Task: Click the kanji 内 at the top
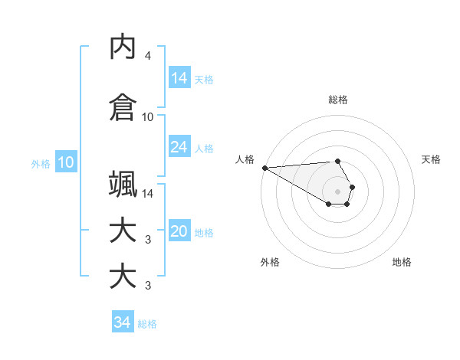[123, 47]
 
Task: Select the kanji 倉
[123, 107]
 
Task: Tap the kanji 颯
[123, 184]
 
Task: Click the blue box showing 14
[179, 78]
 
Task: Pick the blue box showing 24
[179, 147]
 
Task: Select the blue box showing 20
[179, 232]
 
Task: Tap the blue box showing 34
[122, 322]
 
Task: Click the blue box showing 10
[66, 162]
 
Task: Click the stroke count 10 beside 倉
[148, 117]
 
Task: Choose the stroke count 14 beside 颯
[148, 193]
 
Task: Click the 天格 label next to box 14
[204, 79]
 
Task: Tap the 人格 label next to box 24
[204, 148]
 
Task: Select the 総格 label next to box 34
[147, 323]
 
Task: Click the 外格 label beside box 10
[41, 163]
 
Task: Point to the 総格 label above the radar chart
[338, 100]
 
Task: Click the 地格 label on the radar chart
[402, 262]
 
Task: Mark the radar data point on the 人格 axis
[264, 167]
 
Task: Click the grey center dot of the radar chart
[338, 191]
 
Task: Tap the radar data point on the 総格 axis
[338, 161]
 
